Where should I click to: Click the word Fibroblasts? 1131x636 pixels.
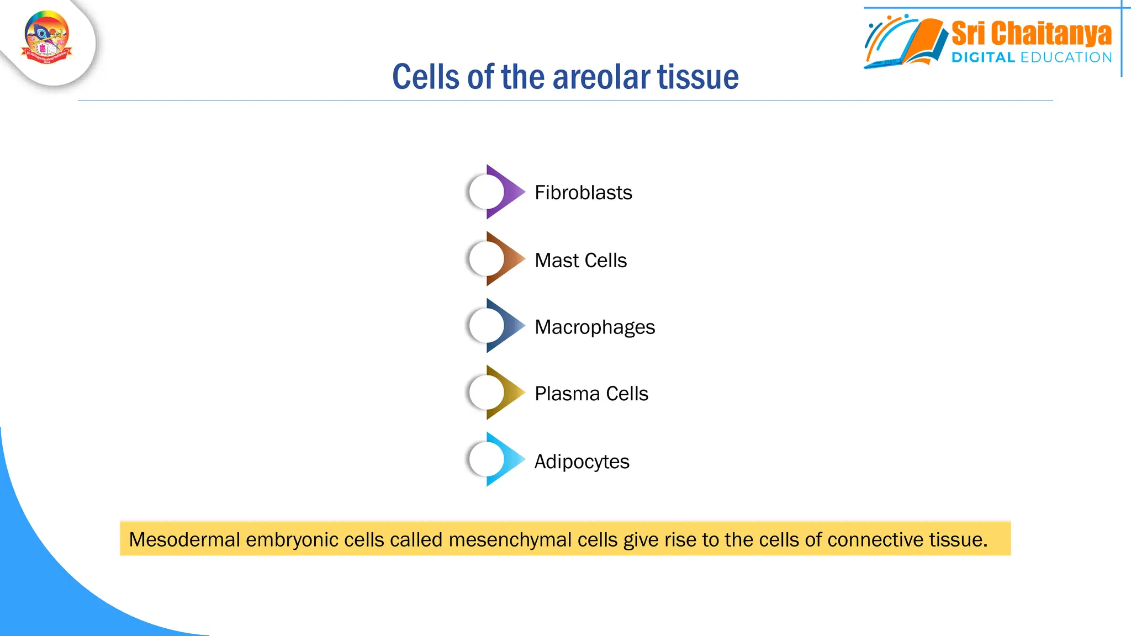tap(583, 193)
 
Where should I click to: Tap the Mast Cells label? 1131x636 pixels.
tap(580, 260)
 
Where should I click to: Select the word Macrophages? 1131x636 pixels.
tap(595, 327)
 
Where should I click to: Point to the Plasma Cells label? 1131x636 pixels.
tap(591, 394)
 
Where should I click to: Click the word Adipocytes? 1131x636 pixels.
tap(582, 461)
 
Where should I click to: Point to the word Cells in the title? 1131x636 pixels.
tap(425, 77)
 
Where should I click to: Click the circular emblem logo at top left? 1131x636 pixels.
tap(47, 38)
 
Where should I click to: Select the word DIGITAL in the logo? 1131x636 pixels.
tap(983, 57)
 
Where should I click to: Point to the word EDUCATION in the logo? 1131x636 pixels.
tap(1066, 57)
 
